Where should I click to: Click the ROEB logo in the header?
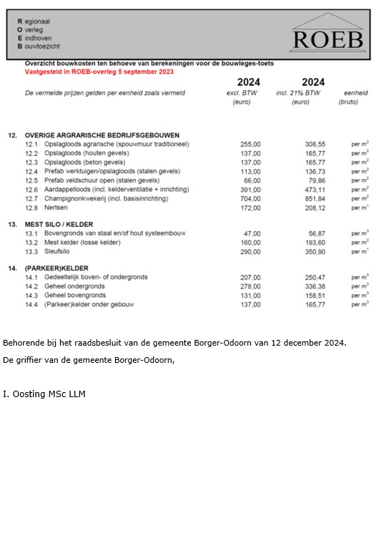point(327,34)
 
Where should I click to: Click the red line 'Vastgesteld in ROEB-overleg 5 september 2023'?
point(99,72)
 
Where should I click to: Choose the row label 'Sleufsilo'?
point(59,252)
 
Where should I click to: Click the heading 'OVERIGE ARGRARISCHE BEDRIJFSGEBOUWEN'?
point(102,135)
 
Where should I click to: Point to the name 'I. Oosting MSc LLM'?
point(44,394)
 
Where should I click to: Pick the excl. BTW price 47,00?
point(252,234)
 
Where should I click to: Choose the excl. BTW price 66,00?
point(252,180)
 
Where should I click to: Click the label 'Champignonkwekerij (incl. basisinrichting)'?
point(112,199)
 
